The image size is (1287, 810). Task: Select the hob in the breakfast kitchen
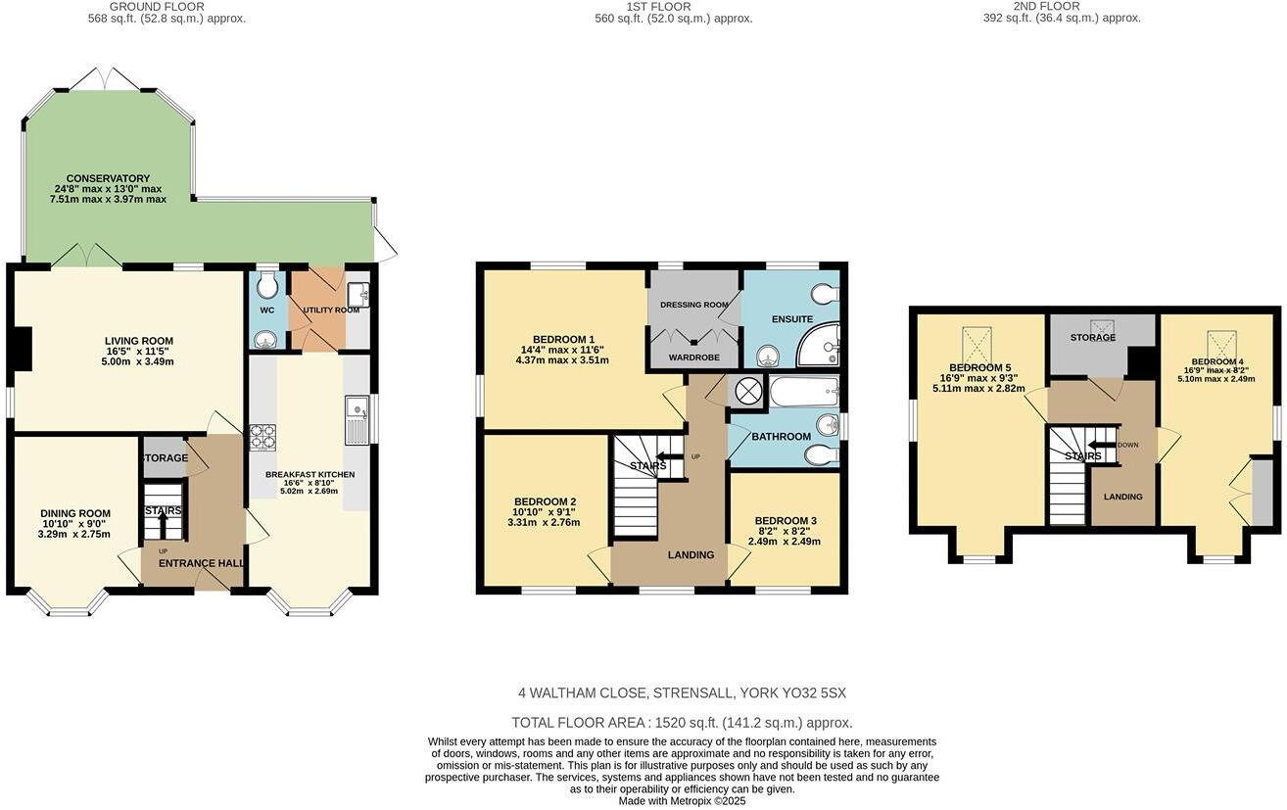pos(262,437)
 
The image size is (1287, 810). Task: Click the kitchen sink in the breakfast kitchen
pos(356,419)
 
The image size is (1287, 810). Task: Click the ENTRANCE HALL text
pos(193,563)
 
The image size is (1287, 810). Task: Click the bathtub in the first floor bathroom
pos(803,393)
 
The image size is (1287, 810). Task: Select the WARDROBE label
pos(694,357)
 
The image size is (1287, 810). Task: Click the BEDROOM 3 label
pos(785,521)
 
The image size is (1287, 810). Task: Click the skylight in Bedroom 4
pos(1221,344)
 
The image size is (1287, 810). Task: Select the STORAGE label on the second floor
pos(1092,338)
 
